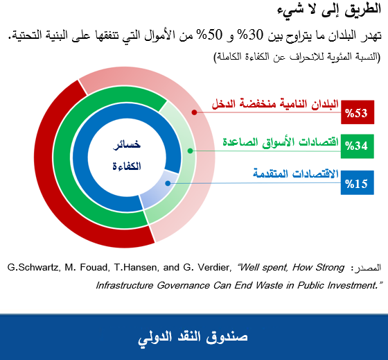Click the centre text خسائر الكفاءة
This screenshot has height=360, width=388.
coord(127,155)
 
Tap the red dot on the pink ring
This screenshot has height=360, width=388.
coord(195,111)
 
